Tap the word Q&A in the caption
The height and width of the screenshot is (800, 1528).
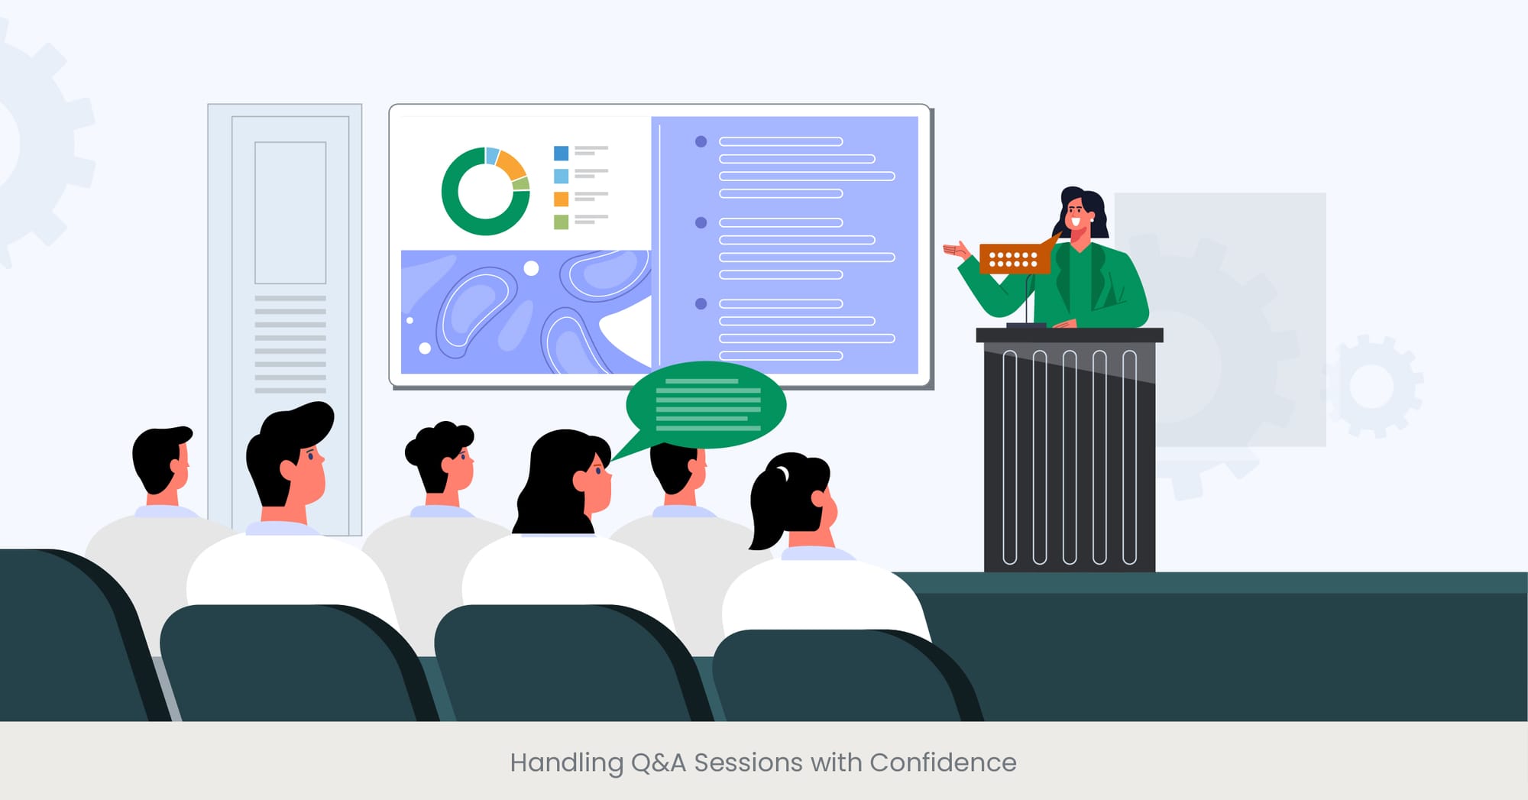658,763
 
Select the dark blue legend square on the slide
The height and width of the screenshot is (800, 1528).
561,153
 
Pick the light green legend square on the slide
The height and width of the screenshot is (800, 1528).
561,222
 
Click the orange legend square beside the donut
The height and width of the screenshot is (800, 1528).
561,199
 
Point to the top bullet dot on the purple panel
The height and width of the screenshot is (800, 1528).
701,141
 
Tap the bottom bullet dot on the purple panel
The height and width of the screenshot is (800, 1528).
701,304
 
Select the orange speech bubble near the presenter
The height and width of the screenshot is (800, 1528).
1014,258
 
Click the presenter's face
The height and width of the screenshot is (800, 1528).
1076,214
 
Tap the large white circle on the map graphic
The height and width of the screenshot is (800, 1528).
532,268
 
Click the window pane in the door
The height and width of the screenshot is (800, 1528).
290,212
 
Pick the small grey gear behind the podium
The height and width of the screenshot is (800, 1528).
1373,386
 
